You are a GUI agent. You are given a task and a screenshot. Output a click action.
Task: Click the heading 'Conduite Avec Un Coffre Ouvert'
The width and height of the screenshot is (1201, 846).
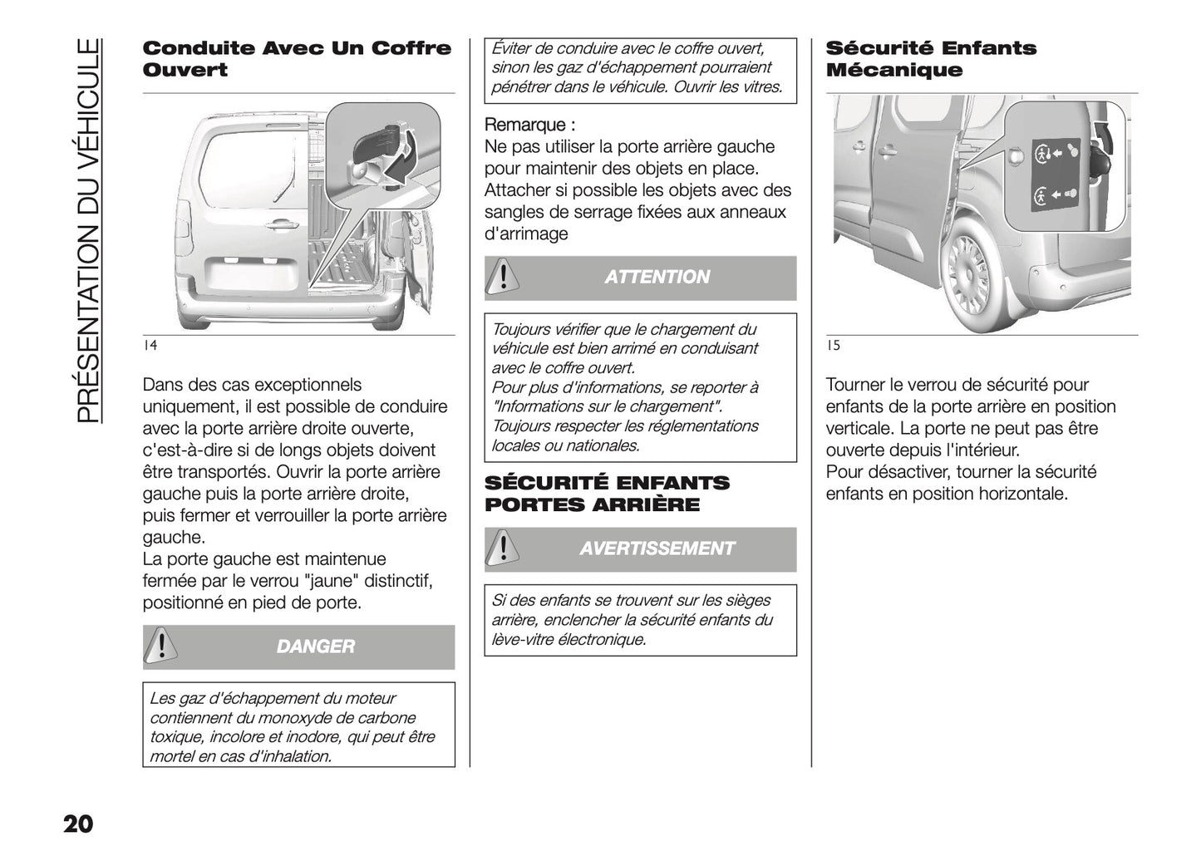(297, 59)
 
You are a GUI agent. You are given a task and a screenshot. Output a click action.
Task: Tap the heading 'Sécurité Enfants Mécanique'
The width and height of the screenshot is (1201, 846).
(931, 59)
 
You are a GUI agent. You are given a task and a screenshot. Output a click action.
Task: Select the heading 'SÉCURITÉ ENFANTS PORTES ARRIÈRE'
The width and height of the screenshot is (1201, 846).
(607, 494)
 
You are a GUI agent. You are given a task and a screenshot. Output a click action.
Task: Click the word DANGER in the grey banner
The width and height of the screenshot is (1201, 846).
(315, 647)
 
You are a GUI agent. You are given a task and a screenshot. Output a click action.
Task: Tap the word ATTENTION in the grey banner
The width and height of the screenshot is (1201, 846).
(657, 278)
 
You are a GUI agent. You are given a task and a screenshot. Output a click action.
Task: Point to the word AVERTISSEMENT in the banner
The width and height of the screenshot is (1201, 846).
(657, 548)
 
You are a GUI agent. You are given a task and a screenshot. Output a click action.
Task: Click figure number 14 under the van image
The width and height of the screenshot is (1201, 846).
(150, 346)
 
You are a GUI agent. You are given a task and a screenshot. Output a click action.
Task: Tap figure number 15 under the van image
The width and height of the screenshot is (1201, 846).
(833, 346)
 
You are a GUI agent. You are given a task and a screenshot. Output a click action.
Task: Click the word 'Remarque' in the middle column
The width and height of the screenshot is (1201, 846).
(525, 125)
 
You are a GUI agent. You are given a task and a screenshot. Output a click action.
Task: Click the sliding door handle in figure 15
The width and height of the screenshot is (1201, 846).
(888, 150)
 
